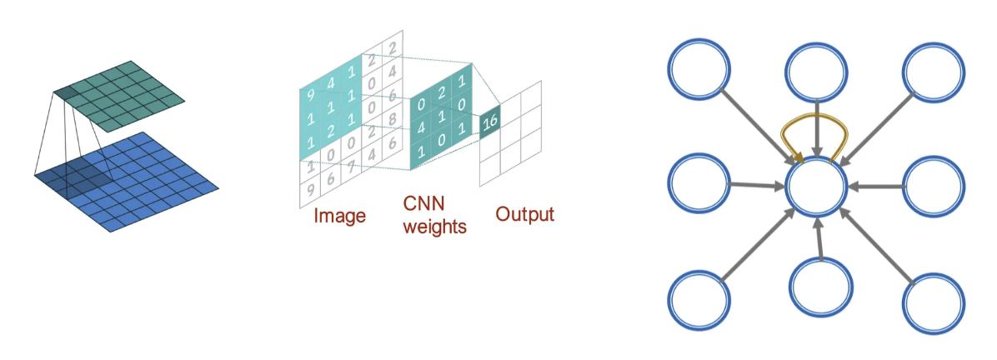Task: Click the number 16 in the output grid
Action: coord(491,122)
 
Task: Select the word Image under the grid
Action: coord(339,217)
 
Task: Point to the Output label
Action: coord(524,214)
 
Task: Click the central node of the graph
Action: coord(818,188)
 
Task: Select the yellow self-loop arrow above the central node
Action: coord(818,132)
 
